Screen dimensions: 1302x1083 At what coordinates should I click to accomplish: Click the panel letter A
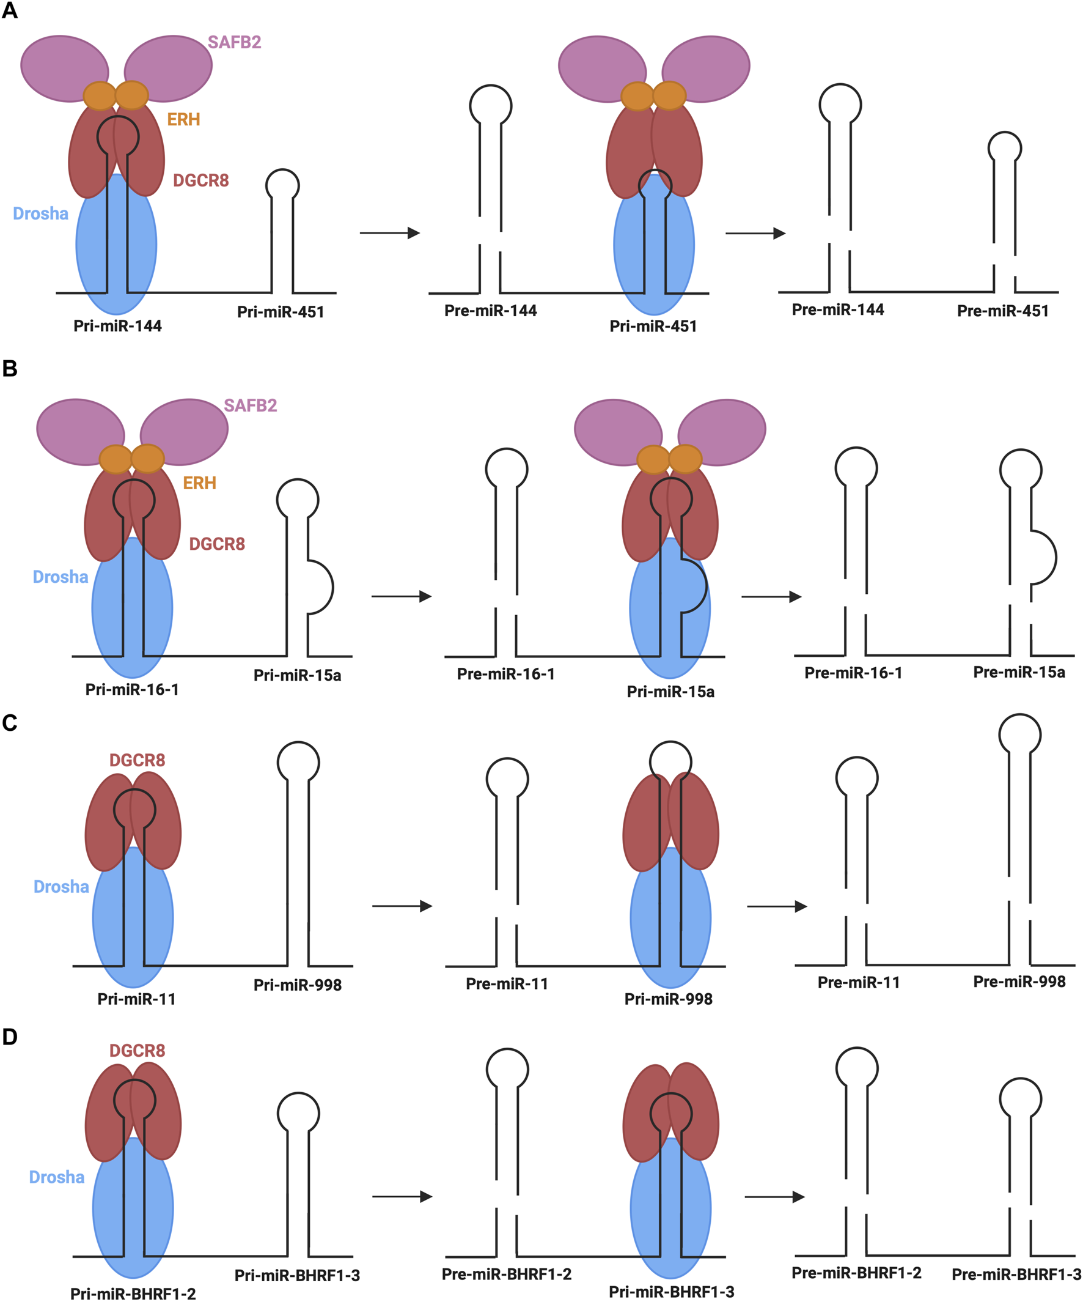pos(9,10)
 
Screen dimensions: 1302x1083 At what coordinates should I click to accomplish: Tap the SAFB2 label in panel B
pos(251,405)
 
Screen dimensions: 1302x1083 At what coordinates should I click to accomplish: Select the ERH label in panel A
pos(183,119)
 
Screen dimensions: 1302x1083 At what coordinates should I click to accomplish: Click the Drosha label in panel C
pos(61,887)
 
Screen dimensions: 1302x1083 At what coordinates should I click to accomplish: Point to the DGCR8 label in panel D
pos(137,1050)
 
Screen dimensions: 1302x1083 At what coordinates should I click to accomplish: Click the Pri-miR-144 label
pos(117,325)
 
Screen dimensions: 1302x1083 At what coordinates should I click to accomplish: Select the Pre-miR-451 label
pos(1002,311)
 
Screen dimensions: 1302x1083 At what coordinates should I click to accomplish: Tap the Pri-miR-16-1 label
pos(132,689)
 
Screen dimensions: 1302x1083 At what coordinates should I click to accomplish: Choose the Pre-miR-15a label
pos(1019,672)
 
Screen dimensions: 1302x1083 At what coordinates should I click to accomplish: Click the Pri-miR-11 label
pos(136,999)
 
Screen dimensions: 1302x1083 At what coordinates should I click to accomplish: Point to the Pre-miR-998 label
pos(1019,982)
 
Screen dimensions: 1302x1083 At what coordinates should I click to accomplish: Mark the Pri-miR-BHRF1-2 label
pos(133,1293)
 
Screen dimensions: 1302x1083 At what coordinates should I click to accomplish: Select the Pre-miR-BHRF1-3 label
pos(1016,1274)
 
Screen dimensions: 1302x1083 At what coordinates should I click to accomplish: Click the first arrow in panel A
pos(390,233)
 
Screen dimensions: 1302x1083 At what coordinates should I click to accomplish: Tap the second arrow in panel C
pos(776,906)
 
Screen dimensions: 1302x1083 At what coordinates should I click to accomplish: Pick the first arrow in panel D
pos(402,1197)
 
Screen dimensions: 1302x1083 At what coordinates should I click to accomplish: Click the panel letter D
pos(9,1037)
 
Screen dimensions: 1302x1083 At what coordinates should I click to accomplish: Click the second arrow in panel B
pos(771,596)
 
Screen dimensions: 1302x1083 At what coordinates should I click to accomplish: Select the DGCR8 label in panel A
pos(200,180)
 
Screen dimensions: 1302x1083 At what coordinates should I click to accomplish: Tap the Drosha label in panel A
pos(40,213)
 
